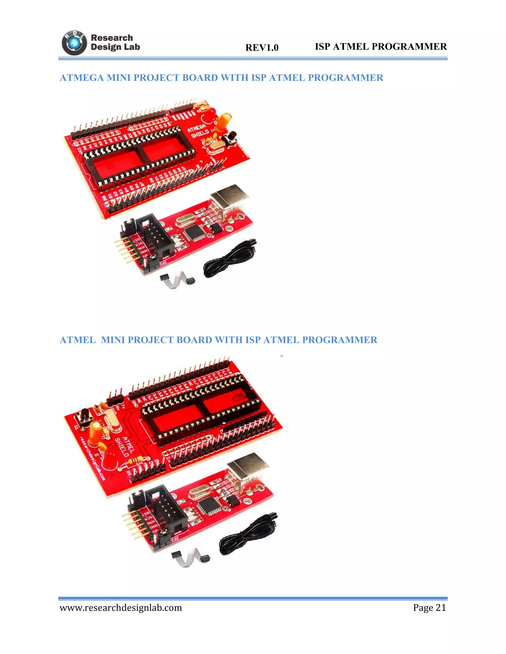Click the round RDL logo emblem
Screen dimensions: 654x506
click(x=74, y=43)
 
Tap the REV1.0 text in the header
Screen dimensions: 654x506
click(x=262, y=48)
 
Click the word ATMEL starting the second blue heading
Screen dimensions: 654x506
click(x=78, y=340)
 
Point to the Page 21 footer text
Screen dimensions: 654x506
click(x=429, y=608)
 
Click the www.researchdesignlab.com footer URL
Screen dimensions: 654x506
click(x=121, y=608)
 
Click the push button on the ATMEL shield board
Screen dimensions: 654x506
click(x=84, y=415)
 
